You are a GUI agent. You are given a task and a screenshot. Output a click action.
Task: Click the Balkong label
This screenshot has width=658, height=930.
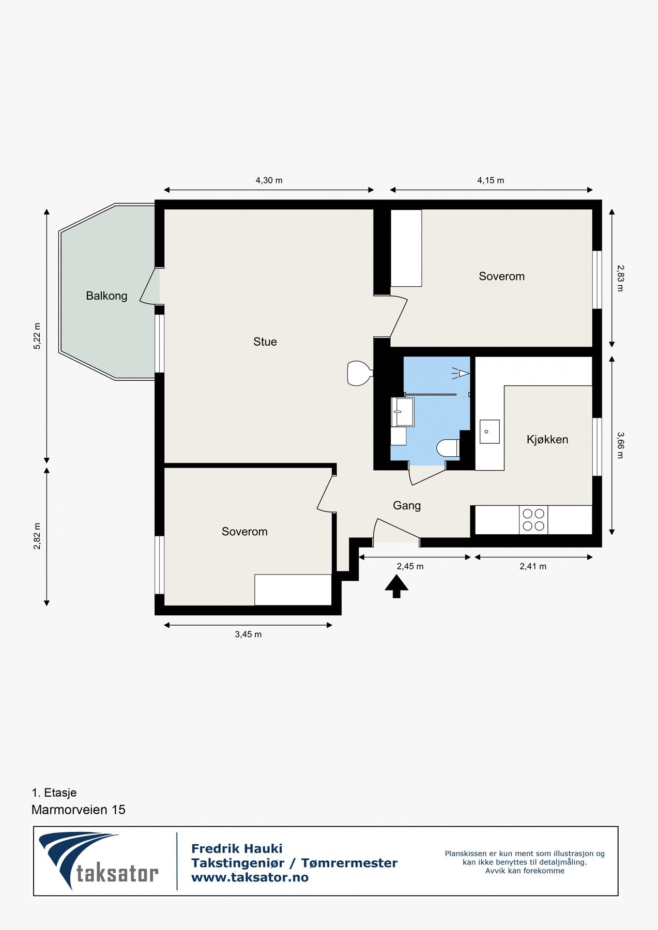(106, 296)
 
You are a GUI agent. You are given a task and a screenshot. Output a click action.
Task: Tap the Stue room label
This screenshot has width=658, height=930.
(265, 342)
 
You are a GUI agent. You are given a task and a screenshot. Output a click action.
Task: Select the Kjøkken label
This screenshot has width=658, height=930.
(547, 440)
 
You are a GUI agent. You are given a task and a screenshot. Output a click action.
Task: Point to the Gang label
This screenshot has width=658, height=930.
(407, 506)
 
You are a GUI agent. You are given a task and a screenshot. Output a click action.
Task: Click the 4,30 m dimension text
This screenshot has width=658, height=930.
(269, 180)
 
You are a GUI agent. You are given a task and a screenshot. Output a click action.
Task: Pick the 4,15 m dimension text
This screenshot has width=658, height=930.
(491, 180)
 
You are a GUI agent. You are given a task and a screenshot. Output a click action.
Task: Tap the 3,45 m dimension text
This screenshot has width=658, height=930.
(248, 634)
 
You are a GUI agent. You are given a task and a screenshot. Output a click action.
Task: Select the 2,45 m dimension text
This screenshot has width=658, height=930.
(410, 566)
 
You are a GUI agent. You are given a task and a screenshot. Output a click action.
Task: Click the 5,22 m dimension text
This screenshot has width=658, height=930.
(37, 336)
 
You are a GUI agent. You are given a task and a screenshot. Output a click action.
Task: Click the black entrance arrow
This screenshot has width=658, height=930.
(396, 587)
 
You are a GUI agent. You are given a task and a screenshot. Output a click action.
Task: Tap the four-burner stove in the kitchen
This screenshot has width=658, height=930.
(533, 520)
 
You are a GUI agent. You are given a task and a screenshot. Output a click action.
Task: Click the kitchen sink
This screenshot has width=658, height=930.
(489, 432)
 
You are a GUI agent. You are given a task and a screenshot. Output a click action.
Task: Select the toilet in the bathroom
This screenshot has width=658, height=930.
(448, 448)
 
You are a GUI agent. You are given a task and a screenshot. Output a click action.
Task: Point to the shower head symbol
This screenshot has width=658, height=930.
(462, 373)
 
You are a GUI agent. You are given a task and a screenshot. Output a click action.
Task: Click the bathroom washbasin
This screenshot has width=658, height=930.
(402, 412)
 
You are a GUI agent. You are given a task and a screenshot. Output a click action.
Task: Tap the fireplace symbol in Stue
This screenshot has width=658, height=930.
(359, 373)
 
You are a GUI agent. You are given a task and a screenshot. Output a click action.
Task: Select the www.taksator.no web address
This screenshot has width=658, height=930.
(250, 877)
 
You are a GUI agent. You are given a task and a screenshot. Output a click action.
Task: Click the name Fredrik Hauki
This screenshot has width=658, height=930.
(237, 849)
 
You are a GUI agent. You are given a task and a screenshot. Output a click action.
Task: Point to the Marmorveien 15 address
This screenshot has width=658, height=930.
(79, 810)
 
